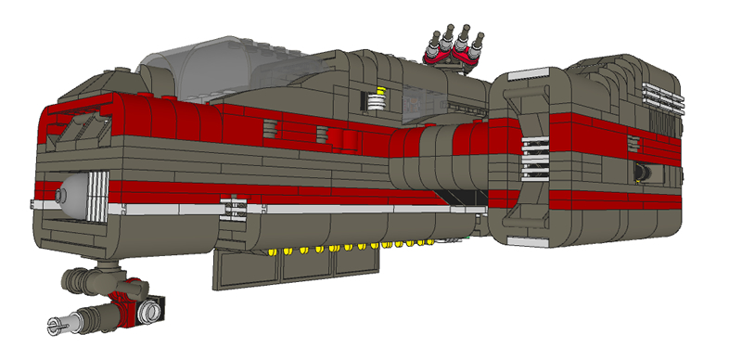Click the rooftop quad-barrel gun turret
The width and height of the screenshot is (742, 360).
453,42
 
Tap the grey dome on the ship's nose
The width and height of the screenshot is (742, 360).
63,196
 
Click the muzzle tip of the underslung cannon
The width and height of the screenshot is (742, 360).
53,325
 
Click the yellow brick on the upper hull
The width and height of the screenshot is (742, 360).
376,97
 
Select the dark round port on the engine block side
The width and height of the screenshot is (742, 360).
641,173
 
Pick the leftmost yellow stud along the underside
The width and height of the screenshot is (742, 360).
272,251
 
